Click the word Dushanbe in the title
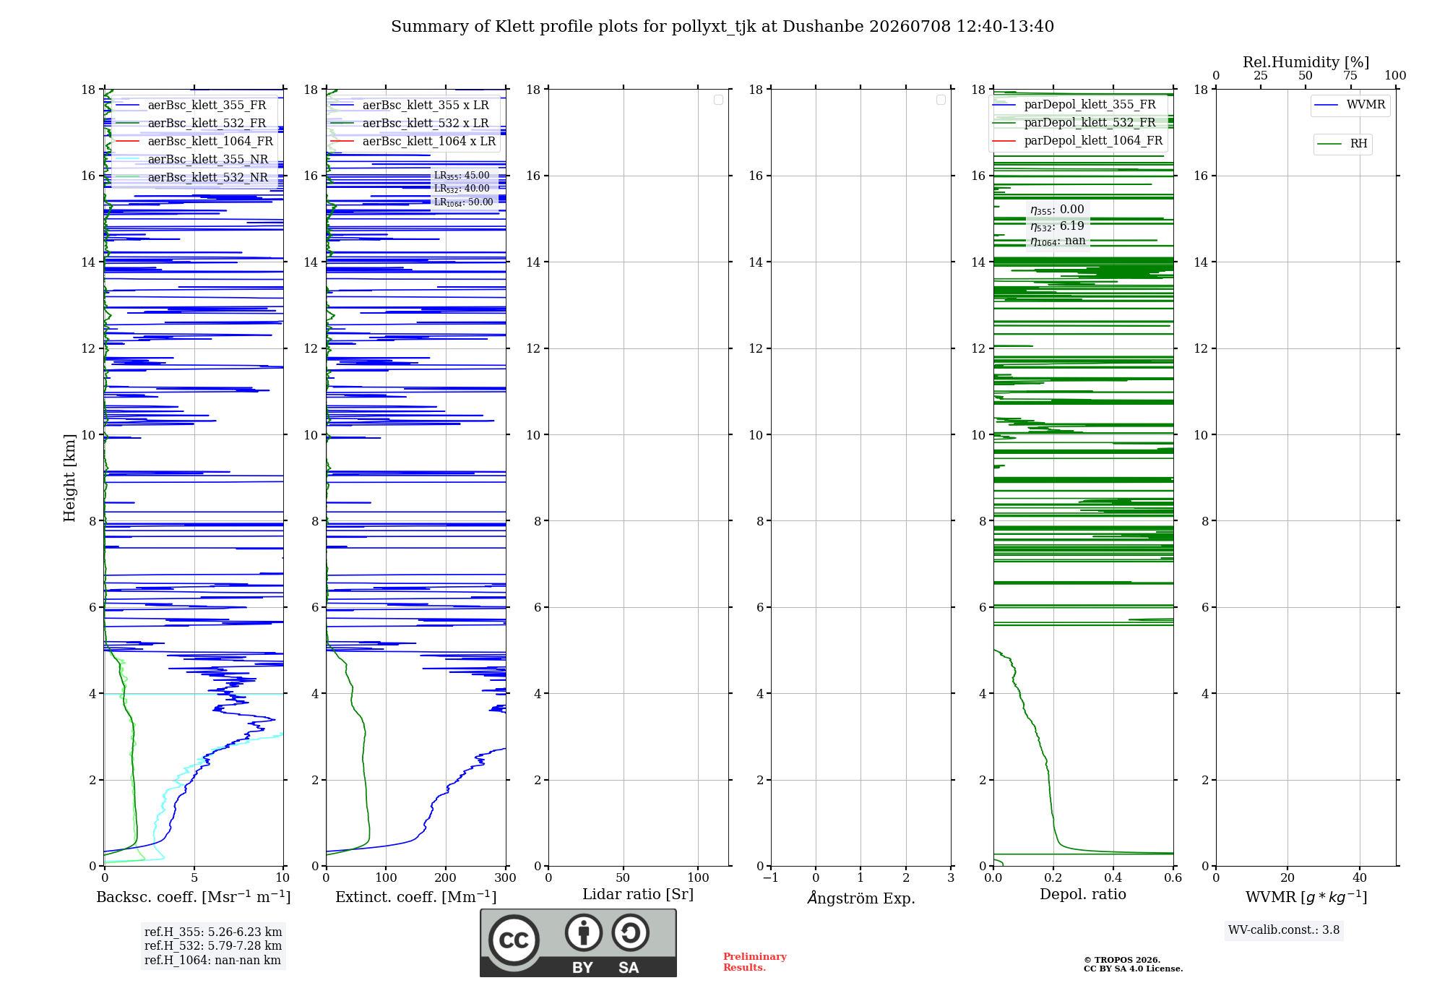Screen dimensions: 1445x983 [823, 27]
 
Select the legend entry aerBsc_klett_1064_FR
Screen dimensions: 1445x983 [194, 142]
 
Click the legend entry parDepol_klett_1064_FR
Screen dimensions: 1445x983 [1077, 141]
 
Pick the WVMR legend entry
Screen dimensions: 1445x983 [1350, 105]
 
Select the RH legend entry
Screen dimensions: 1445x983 [1342, 144]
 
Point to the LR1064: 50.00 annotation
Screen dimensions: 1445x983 [463, 202]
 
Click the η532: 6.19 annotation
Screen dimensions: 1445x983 [1057, 226]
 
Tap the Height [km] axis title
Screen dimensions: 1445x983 [69, 478]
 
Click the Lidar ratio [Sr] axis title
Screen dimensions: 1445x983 [638, 895]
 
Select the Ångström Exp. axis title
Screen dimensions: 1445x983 [861, 898]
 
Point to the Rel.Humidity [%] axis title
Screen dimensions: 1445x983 [1306, 62]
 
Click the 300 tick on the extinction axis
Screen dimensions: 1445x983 [505, 878]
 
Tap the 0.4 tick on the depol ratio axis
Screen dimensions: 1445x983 [1113, 878]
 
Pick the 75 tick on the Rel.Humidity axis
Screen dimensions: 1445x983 [1350, 76]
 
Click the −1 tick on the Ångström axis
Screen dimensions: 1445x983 [770, 878]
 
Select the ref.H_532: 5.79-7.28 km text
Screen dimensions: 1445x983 [213, 946]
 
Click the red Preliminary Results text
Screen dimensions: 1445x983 [755, 962]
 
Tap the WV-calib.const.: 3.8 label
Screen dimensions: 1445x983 [1284, 930]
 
